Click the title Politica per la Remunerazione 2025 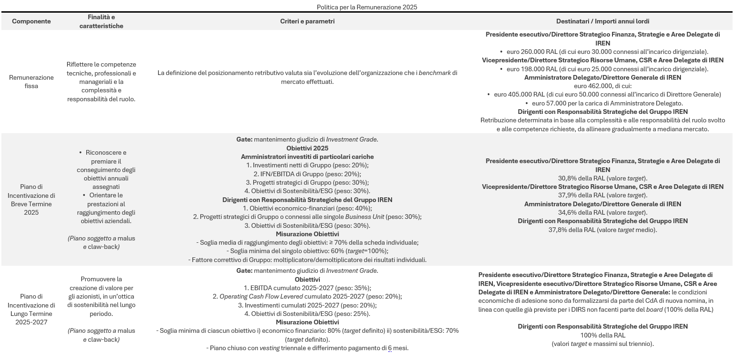(367, 7)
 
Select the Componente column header (31, 22)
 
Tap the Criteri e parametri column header (307, 22)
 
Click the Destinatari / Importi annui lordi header (603, 22)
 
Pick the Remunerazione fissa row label (31, 82)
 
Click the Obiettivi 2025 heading (307, 148)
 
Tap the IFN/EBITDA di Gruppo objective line (307, 174)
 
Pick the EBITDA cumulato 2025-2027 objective (307, 288)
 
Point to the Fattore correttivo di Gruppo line (307, 260)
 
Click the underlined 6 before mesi (390, 348)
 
